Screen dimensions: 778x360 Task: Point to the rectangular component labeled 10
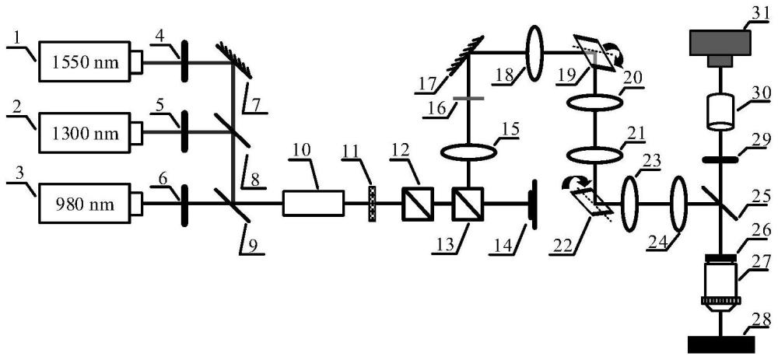point(313,203)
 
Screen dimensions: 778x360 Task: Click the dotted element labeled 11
point(372,203)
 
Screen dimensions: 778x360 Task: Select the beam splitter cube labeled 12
point(418,203)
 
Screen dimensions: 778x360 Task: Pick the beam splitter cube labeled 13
point(467,203)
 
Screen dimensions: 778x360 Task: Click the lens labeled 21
point(594,154)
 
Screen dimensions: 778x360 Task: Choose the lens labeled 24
point(678,203)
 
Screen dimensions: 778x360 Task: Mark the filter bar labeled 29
point(720,159)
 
